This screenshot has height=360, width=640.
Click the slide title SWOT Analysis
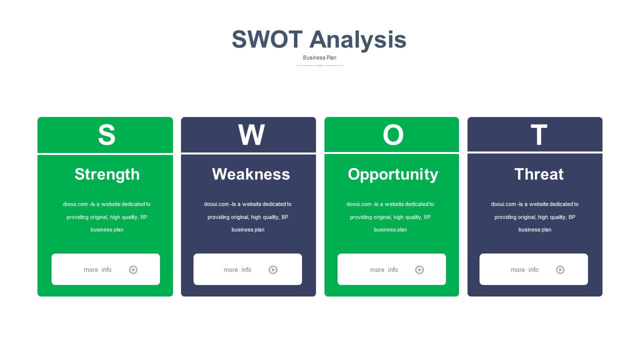click(x=319, y=39)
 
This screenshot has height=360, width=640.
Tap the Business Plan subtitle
click(x=319, y=57)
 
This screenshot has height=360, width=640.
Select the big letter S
click(x=106, y=134)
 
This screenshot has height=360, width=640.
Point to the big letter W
click(x=251, y=134)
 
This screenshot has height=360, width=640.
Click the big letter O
click(x=393, y=134)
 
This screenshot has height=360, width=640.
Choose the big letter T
click(x=539, y=134)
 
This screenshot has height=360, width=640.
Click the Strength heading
click(x=107, y=174)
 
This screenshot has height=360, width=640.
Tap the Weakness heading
click(x=251, y=174)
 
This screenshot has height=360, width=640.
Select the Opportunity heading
click(x=393, y=174)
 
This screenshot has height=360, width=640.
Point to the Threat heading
click(x=539, y=174)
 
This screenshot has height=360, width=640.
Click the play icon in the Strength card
click(x=133, y=269)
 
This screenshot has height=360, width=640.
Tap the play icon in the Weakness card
click(x=273, y=269)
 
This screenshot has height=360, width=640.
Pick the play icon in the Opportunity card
click(x=419, y=269)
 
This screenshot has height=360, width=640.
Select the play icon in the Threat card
click(x=560, y=269)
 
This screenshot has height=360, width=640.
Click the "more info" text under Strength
click(x=97, y=269)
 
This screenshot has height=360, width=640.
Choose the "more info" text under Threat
click(x=524, y=269)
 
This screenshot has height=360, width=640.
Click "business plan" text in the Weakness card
click(x=247, y=229)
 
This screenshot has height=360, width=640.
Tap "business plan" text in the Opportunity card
click(x=390, y=229)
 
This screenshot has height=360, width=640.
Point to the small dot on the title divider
click(x=320, y=65)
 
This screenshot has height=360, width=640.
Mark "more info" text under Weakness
click(x=237, y=269)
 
